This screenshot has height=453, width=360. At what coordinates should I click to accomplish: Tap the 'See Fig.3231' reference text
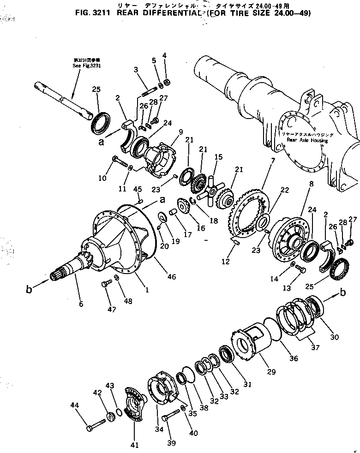click(86, 66)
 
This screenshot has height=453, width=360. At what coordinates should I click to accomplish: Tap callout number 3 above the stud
click(136, 70)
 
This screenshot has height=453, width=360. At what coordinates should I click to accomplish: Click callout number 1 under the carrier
click(147, 291)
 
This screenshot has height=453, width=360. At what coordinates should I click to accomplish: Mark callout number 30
click(335, 337)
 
